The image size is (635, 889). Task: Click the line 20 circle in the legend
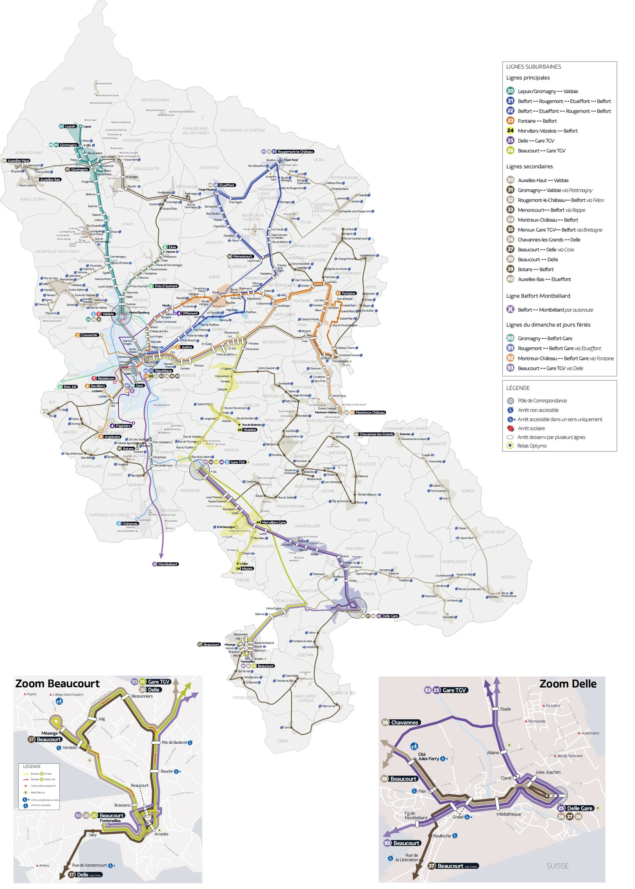[x=510, y=91]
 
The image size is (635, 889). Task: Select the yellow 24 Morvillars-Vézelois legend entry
[x=542, y=131]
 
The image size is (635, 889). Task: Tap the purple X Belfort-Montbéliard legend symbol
[x=510, y=309]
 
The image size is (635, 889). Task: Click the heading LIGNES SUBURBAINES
[x=533, y=67]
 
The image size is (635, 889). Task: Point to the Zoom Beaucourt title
[x=57, y=684]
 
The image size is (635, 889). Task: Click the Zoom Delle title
[x=568, y=684]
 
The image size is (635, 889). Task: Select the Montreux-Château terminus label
[x=370, y=412]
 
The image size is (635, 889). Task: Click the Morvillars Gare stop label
[x=273, y=522]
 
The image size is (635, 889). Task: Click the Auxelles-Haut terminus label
[x=18, y=160]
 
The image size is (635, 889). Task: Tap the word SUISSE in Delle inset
[x=557, y=866]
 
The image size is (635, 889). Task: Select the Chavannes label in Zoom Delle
[x=404, y=722]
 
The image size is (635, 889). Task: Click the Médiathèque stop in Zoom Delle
[x=508, y=814]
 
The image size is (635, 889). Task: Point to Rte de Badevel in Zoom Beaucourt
[x=174, y=742]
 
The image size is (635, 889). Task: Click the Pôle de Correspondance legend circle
[x=510, y=401]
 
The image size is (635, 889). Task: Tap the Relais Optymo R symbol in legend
[x=510, y=445]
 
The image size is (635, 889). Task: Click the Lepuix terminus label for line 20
[x=70, y=126]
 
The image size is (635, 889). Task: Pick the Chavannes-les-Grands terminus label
[x=376, y=434]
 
